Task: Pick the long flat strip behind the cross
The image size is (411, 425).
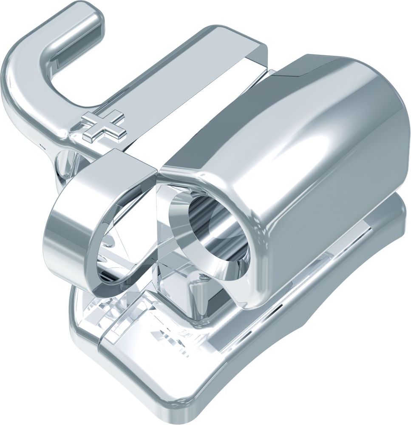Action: coord(179,85)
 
